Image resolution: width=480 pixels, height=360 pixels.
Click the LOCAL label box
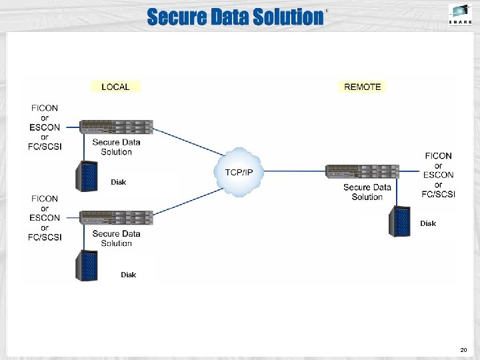point(115,87)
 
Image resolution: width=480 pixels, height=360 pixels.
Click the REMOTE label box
point(363,87)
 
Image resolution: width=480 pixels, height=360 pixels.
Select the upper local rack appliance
point(117,127)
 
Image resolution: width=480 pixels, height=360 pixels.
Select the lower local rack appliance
point(117,217)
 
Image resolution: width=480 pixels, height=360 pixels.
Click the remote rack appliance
point(362,171)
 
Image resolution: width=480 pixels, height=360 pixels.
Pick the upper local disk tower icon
point(87,176)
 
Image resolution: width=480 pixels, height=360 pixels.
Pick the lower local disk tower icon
point(87,265)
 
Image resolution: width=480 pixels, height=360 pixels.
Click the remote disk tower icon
point(401,222)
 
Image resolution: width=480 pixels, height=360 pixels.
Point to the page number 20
point(464,350)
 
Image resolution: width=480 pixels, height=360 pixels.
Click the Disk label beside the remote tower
point(428,224)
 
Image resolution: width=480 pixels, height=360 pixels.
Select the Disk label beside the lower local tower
point(128,275)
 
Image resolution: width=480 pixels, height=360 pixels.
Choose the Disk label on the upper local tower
point(118,182)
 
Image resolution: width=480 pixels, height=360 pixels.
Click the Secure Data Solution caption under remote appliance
point(367,192)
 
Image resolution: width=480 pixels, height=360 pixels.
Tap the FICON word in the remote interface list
point(438,156)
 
